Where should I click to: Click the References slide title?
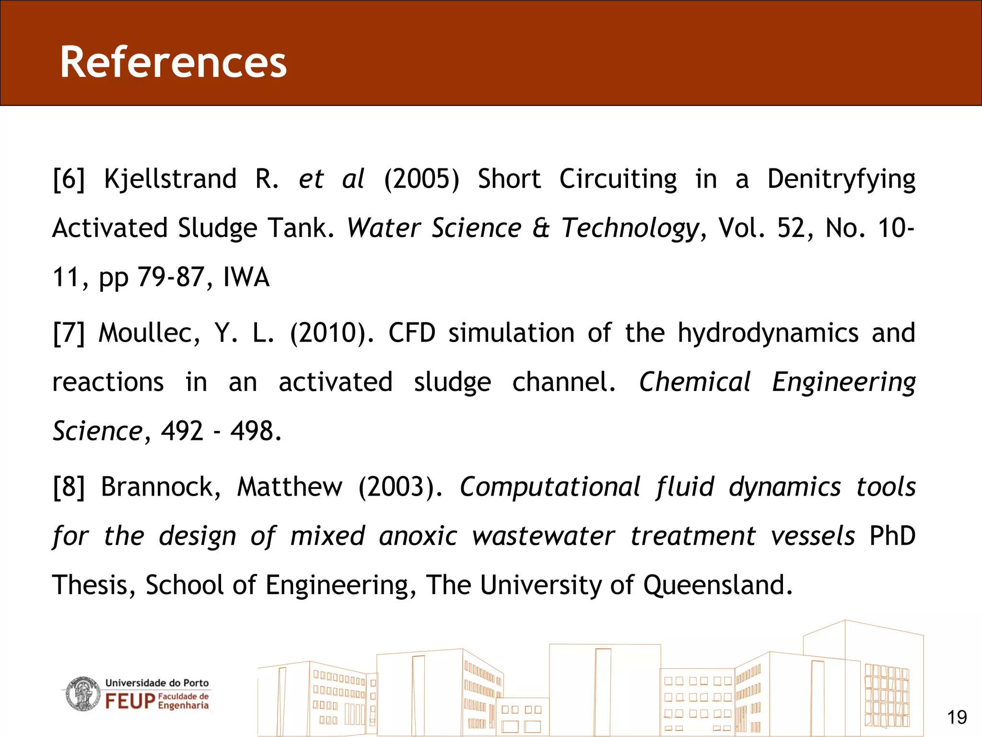(x=173, y=62)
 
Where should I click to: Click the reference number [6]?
(x=69, y=179)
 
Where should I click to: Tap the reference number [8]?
(x=69, y=487)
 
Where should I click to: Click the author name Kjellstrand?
(x=170, y=179)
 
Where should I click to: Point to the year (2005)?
(x=421, y=179)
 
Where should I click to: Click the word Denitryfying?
(x=841, y=179)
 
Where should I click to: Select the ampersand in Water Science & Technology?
(x=541, y=228)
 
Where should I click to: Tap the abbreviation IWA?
(x=246, y=277)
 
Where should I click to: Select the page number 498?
(x=255, y=431)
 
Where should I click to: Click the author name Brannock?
(x=161, y=487)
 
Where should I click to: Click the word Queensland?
(x=717, y=585)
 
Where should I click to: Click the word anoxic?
(x=418, y=536)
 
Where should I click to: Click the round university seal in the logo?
(x=83, y=694)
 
